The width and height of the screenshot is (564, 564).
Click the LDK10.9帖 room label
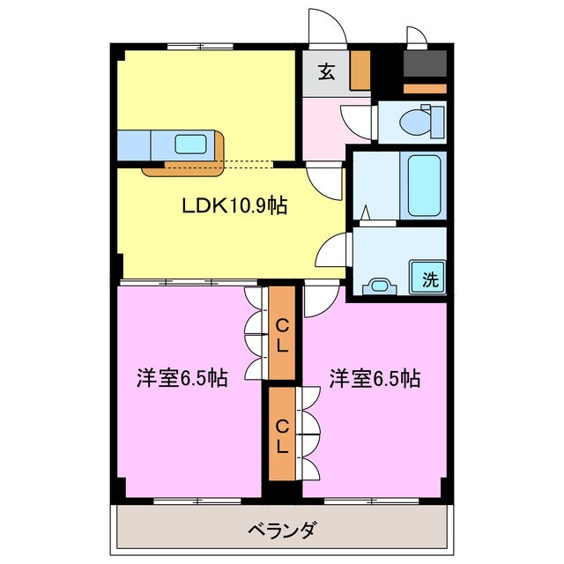pos(234,206)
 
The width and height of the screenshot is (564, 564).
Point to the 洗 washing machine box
pos(429,279)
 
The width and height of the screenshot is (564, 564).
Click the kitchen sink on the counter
pos(190,144)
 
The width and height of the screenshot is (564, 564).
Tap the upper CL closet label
pos(281,336)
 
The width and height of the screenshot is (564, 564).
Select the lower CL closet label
pos(281,435)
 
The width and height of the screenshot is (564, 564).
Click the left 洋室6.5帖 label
pos(182,379)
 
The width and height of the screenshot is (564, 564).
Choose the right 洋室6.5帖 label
pos(375,379)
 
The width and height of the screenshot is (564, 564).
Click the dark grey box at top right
pos(425,64)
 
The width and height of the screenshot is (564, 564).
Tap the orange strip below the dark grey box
pos(425,88)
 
